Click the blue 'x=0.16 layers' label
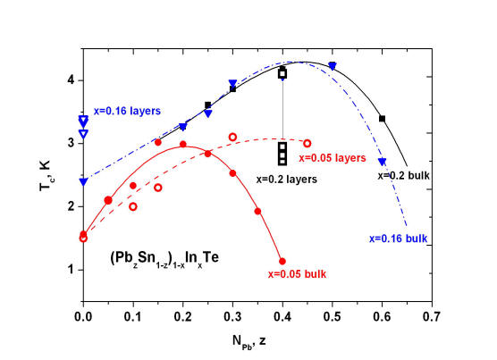127,111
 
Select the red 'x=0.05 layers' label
333,158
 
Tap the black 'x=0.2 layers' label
287,180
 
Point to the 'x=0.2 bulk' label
403,175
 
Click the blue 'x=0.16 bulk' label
399,239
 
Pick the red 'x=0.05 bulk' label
297,274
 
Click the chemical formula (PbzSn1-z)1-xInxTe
164,259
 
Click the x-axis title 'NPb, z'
249,341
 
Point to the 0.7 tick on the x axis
432,316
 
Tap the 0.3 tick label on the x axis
232,316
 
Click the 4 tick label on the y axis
71,80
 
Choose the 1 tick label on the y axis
71,270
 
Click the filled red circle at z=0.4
282,261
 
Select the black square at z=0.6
383,119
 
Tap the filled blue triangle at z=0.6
383,162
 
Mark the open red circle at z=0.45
307,144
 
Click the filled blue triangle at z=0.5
333,66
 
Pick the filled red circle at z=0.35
257,211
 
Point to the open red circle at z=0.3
232,137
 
